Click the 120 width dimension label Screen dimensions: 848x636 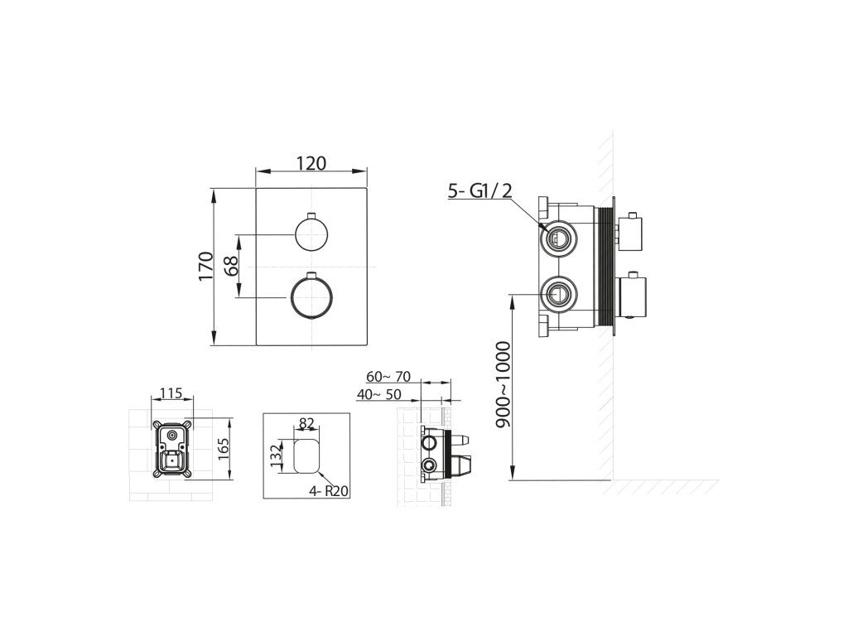pos(311,163)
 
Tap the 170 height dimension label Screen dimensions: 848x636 pos(206,266)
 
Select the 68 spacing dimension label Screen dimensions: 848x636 pos(232,266)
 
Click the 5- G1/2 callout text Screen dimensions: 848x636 pos(479,190)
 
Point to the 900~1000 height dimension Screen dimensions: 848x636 pos(503,384)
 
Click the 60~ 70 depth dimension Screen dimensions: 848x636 pos(388,377)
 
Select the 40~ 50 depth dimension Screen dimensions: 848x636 pos(378,395)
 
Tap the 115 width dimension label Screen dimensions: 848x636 pos(171,393)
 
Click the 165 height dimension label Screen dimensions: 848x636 pos(223,449)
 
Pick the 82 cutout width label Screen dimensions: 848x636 pos(306,423)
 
